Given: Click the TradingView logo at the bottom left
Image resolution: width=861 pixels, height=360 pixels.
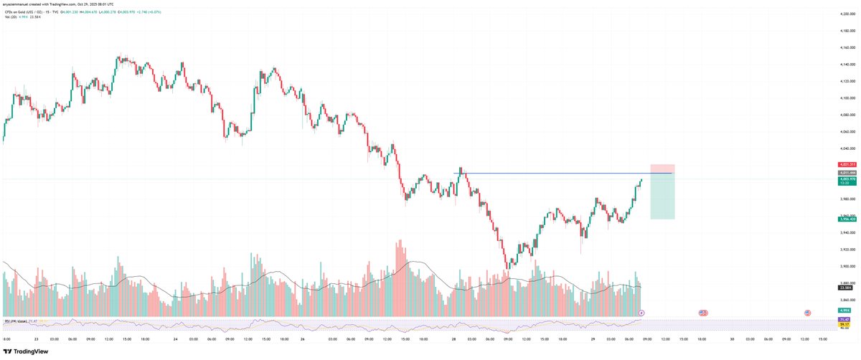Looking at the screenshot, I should point(27,351).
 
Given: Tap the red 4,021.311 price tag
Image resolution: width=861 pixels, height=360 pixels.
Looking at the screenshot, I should point(847,164).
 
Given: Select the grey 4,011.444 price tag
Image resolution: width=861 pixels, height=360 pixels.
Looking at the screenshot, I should point(847,173).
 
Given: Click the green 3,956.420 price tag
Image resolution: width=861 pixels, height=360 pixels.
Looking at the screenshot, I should point(847,219).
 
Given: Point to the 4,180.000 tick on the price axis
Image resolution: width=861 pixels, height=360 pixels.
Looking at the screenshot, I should point(847,31).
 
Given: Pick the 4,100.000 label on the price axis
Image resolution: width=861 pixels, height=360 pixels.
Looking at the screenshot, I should point(847,98).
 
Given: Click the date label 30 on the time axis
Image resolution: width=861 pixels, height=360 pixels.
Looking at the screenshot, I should point(732,339).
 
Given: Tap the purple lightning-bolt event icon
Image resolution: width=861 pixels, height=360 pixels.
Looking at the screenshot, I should point(641,313).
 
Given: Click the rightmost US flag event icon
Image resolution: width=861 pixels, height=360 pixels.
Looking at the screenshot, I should point(807,313).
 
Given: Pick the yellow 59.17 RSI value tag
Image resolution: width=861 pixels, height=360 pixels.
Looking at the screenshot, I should point(844,324).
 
